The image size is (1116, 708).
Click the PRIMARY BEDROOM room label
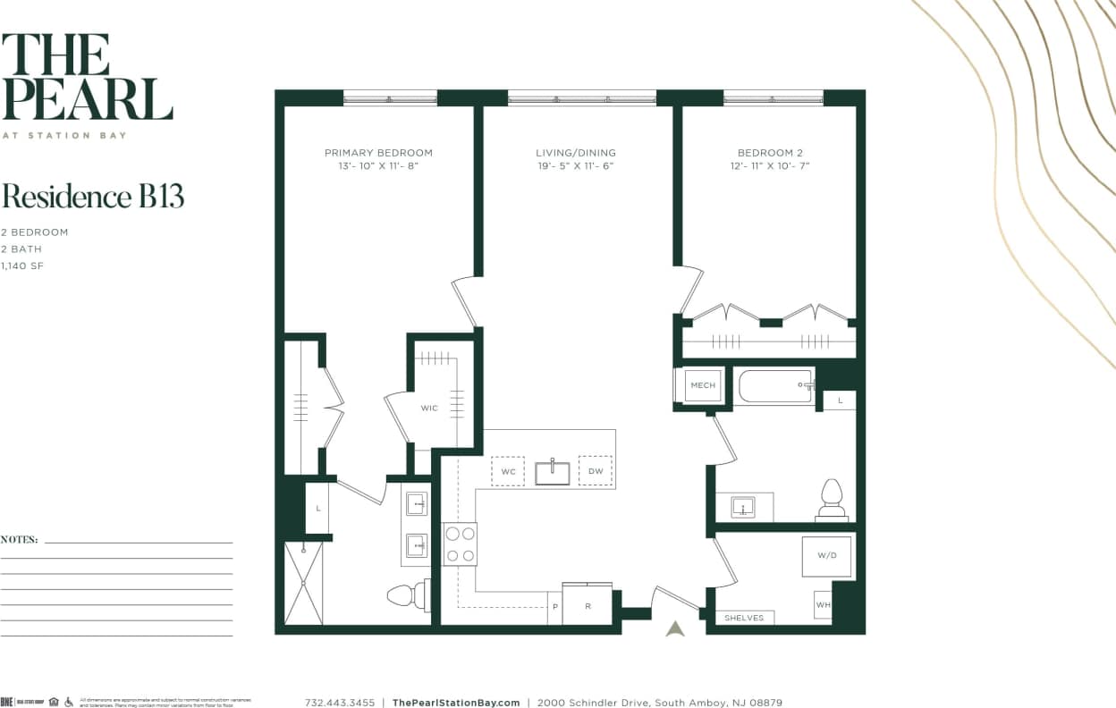[378, 153]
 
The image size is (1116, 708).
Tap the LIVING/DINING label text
[576, 153]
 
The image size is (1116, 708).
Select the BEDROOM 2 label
[770, 153]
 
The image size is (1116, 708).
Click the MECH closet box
[703, 385]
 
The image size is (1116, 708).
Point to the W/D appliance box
[826, 556]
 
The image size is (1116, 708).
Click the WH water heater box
[823, 604]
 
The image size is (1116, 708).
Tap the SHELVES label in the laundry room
[744, 618]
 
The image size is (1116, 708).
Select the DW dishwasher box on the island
[595, 471]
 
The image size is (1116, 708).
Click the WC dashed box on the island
[508, 471]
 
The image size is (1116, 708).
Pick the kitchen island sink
[553, 472]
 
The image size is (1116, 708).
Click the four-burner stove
[460, 544]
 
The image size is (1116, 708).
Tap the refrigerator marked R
[588, 605]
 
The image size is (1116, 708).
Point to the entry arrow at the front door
[675, 628]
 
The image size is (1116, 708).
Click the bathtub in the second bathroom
[774, 386]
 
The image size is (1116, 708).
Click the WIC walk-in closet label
[429, 408]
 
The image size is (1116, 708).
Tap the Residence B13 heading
[93, 196]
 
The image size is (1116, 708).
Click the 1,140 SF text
[22, 265]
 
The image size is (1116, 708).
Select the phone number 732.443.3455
[340, 703]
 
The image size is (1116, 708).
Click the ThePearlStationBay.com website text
[456, 703]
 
